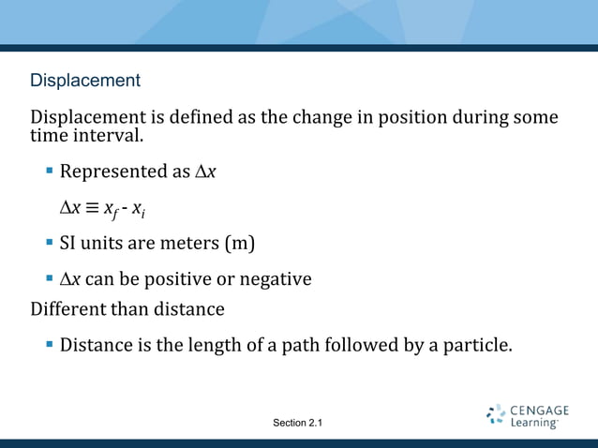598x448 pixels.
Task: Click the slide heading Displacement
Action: (x=85, y=81)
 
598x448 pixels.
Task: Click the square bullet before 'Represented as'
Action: (x=50, y=172)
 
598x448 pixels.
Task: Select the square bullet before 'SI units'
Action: (x=50, y=243)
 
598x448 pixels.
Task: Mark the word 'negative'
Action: (x=276, y=279)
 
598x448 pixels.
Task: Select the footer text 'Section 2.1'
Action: (x=297, y=424)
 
